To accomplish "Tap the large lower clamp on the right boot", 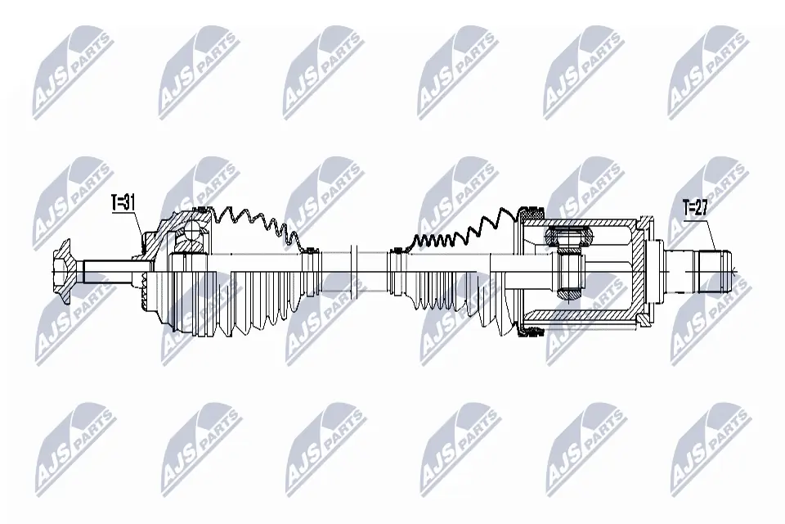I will coord(533,330).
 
